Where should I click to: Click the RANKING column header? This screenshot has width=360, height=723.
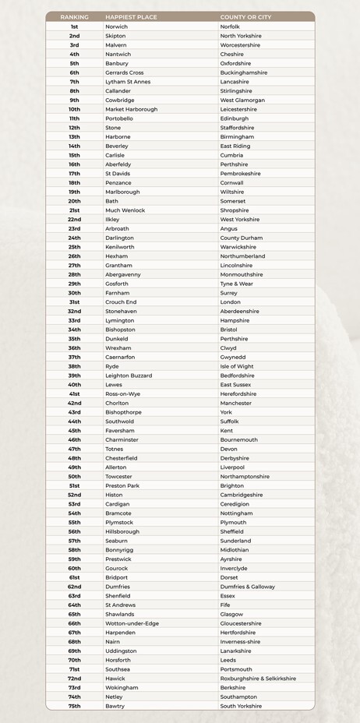coord(74,16)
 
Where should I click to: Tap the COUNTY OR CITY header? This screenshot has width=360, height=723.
coord(247,16)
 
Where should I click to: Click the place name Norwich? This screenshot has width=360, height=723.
coord(116,26)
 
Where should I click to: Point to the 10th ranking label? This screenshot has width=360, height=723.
coord(74,109)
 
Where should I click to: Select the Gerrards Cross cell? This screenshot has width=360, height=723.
coord(124,72)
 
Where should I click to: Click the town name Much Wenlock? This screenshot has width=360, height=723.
coord(125,210)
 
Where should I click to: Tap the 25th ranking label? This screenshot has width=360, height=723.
coord(74,247)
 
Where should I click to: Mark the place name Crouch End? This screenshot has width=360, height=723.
coord(121,302)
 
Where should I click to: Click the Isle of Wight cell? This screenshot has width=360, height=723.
coord(237,366)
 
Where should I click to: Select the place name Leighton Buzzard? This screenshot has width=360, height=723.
coord(128,376)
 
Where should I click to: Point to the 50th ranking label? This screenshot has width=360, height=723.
coord(74,477)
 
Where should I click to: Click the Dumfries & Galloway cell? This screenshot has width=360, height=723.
coord(247,587)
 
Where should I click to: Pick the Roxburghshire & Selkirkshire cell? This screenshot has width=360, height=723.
coord(258,679)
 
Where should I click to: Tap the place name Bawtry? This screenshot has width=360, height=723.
coord(115,706)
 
